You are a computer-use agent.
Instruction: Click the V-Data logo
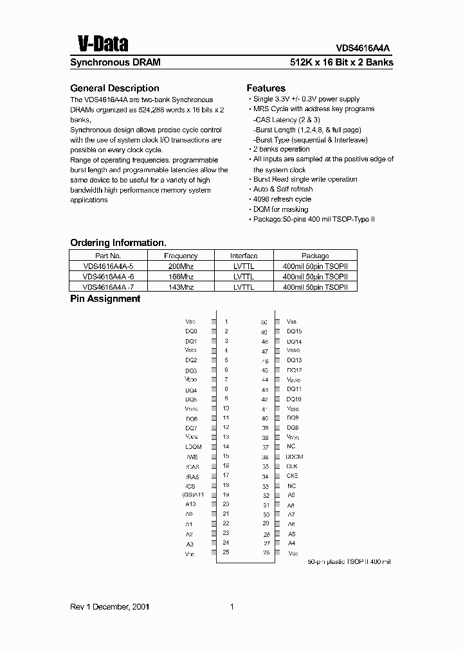click(x=102, y=43)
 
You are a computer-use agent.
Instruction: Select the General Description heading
click(x=114, y=88)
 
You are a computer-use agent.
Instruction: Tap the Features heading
click(x=266, y=88)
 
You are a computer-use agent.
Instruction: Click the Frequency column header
click(x=181, y=256)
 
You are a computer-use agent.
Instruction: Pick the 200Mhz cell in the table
click(x=181, y=265)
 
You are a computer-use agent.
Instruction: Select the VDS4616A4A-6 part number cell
click(x=108, y=276)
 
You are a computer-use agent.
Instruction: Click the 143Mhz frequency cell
click(x=181, y=287)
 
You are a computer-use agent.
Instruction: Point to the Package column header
click(x=314, y=256)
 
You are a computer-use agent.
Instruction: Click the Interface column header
click(x=244, y=256)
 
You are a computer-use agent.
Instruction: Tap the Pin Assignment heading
click(x=105, y=299)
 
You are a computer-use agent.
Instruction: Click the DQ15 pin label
click(x=294, y=331)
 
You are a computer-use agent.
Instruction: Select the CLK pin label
click(x=291, y=466)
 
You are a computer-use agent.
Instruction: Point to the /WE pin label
click(x=191, y=457)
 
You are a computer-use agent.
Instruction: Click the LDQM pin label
click(x=193, y=446)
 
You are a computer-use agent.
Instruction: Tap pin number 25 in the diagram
click(x=226, y=552)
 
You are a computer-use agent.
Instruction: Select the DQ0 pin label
click(x=191, y=331)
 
